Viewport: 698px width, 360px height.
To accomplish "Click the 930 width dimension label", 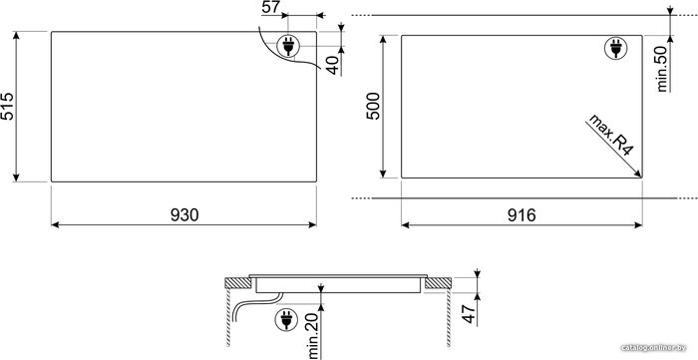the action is pyautogui.click(x=184, y=215).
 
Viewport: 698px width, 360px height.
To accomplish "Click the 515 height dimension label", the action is pyautogui.click(x=8, y=107).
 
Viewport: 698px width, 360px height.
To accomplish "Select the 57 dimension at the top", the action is pyautogui.click(x=271, y=8).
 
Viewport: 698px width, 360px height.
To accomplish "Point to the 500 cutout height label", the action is pyautogui.click(x=373, y=106).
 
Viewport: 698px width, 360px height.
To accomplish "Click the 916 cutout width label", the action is pyautogui.click(x=522, y=215).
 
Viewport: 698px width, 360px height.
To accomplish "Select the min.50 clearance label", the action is pyautogui.click(x=663, y=69).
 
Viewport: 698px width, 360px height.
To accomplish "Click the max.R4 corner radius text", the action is pyautogui.click(x=610, y=135).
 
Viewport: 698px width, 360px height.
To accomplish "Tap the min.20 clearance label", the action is pyautogui.click(x=314, y=336).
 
